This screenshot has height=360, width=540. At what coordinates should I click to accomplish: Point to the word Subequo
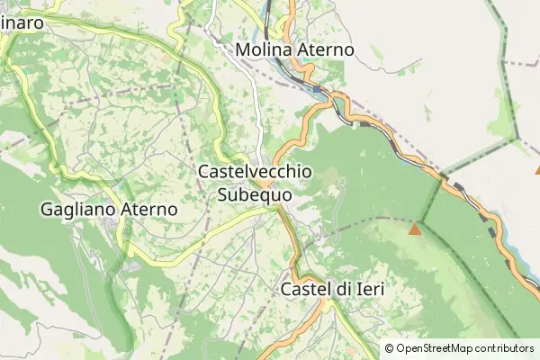click(x=254, y=193)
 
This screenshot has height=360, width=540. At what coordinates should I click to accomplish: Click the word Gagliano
click(x=77, y=209)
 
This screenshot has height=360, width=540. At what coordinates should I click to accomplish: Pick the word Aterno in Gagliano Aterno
click(x=148, y=209)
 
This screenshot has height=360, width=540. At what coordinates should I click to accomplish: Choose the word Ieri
click(x=370, y=290)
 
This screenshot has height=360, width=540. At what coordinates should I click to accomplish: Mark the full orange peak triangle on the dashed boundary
click(x=415, y=229)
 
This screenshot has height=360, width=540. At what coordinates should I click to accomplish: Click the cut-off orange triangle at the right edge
click(x=537, y=168)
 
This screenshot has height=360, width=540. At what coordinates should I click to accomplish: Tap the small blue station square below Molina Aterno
click(x=317, y=88)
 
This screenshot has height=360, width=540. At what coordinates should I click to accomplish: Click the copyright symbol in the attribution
click(x=390, y=348)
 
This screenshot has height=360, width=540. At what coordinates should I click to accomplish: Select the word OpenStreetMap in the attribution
click(x=435, y=348)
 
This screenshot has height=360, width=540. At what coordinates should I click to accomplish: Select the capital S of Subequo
click(x=223, y=193)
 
